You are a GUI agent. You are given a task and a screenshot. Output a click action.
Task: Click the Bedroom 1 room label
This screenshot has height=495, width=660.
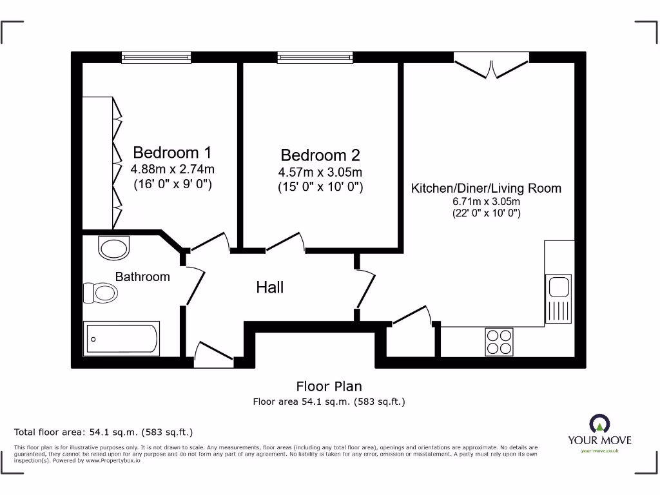tap(171, 153)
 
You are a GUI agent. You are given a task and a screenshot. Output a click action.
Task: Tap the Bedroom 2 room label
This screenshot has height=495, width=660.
tap(320, 155)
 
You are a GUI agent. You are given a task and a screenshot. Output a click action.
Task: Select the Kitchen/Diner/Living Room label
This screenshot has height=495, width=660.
tap(486, 188)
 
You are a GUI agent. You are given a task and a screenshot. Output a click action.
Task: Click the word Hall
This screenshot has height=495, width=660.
tap(269, 287)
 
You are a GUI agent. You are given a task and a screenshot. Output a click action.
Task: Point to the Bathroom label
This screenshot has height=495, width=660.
tap(142, 277)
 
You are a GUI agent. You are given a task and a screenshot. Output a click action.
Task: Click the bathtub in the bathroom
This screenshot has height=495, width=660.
tap(122, 338)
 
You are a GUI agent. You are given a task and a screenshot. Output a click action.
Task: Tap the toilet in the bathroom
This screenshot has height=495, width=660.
tap(101, 293)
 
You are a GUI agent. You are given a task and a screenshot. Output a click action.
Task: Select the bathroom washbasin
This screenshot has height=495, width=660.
tap(114, 247)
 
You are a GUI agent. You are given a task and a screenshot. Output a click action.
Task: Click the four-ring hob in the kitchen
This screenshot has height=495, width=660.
tap(500, 342)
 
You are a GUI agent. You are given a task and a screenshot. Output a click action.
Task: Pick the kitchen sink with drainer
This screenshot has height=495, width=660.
tap(558, 298)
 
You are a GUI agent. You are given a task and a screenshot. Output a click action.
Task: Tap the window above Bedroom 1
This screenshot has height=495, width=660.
tap(157, 57)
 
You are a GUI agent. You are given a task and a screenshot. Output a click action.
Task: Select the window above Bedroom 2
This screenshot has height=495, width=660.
tap(315, 57)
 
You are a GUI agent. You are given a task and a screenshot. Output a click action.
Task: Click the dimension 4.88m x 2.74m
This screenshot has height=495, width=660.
tap(172, 170)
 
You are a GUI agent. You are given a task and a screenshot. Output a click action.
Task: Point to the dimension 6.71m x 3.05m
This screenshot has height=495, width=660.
tap(486, 202)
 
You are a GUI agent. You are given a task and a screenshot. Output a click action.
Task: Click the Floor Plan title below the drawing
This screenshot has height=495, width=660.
tap(329, 386)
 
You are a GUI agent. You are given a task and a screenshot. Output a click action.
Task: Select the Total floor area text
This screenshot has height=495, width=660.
tap(103, 432)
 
